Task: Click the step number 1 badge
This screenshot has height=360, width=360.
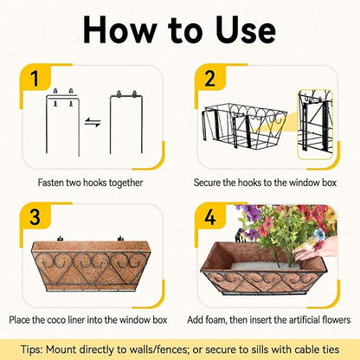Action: click(x=35, y=78)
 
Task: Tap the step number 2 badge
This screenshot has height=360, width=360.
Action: click(x=209, y=78)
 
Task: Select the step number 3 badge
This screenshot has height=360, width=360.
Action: click(x=35, y=216)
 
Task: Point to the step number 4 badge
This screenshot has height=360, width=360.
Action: click(x=209, y=216)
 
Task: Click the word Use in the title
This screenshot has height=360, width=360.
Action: click(x=246, y=30)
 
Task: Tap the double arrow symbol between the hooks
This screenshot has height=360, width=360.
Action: click(x=93, y=122)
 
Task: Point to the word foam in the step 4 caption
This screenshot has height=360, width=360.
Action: click(x=216, y=320)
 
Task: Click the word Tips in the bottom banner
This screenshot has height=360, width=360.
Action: click(x=31, y=350)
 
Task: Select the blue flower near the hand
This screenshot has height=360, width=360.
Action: click(x=319, y=235)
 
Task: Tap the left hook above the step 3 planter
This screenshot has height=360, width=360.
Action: click(x=60, y=239)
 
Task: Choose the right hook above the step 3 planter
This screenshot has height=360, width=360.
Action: click(x=120, y=239)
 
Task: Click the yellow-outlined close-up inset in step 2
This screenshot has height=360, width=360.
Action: click(x=315, y=125)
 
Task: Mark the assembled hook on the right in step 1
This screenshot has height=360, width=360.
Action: click(x=126, y=122)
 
